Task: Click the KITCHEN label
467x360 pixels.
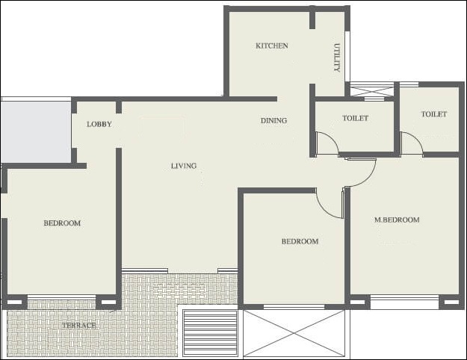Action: (x=271, y=46)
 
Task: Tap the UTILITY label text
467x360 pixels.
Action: (x=336, y=57)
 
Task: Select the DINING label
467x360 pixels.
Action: (x=273, y=120)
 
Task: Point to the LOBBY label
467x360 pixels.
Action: (x=99, y=124)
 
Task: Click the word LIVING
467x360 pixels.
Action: (x=184, y=166)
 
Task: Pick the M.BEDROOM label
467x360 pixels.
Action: (x=396, y=220)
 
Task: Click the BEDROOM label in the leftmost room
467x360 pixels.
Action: (x=61, y=223)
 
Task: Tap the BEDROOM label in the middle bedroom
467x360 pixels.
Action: (x=300, y=241)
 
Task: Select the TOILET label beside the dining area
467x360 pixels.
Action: (x=355, y=118)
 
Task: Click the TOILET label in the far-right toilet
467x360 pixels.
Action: (x=433, y=114)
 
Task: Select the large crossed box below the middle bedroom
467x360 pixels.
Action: (x=296, y=333)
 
